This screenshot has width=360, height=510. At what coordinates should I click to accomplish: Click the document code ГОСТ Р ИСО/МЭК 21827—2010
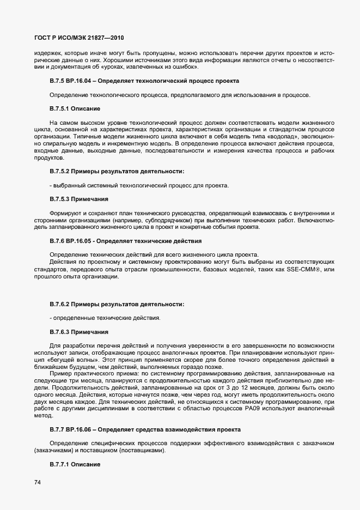coord(72,38)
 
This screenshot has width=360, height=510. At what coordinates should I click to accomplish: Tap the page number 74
coord(38,482)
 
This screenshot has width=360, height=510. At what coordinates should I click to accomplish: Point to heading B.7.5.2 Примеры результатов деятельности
coord(117,172)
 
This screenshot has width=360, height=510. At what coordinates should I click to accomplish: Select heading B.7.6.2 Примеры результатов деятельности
coord(117,303)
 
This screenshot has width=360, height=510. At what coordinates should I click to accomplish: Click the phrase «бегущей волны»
coord(79,360)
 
